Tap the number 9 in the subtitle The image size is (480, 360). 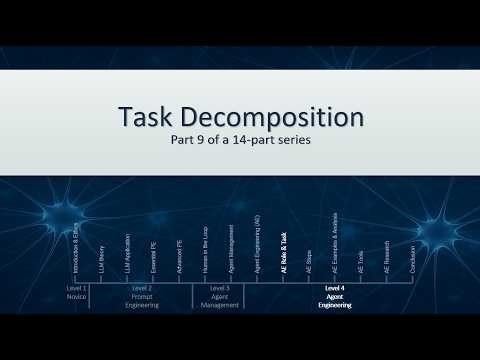(206, 140)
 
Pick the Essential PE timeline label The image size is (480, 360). (154, 258)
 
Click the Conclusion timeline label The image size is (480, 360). (412, 259)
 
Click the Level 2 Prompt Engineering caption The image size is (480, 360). (142, 296)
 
